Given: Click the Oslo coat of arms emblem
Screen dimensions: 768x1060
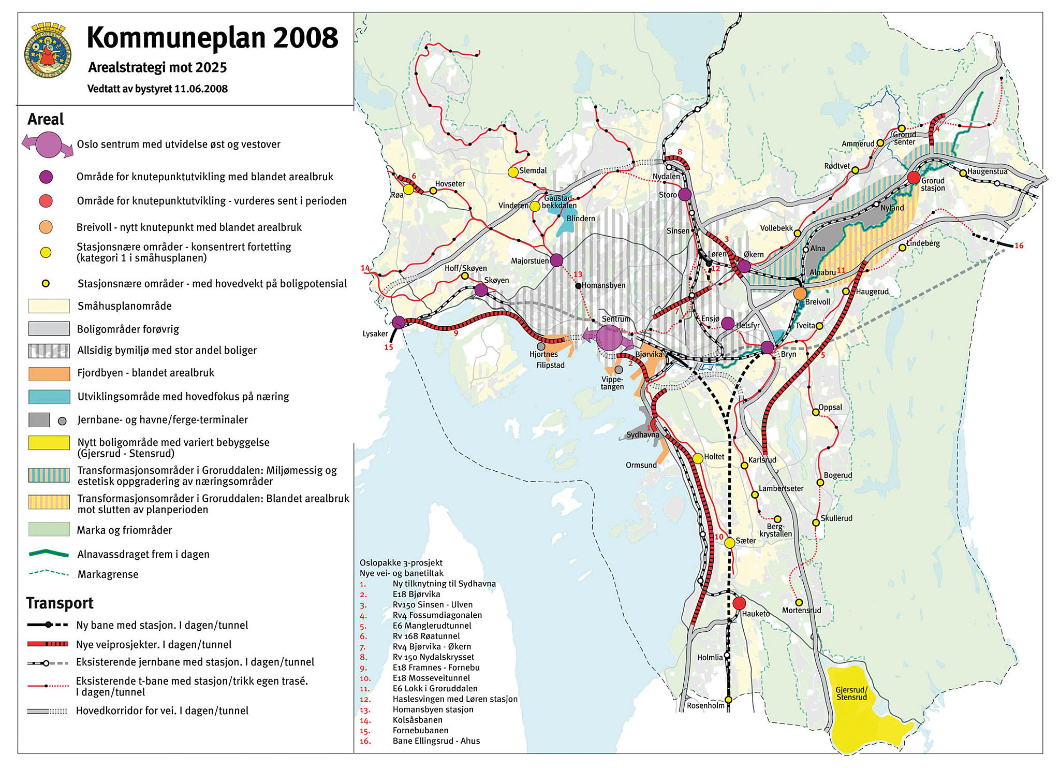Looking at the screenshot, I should point(48,50).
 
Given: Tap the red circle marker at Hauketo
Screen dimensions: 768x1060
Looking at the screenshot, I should point(739,603).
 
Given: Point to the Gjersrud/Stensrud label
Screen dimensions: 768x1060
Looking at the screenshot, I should point(851,693).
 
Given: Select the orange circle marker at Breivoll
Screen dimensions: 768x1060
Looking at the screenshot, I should point(800,294).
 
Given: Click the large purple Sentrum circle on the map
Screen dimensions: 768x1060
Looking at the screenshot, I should point(609,337).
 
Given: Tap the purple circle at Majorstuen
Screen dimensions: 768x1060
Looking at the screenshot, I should point(556,260).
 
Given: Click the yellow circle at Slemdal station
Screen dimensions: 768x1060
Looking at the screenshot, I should point(513,172).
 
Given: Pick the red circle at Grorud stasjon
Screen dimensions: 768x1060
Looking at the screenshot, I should point(914,178).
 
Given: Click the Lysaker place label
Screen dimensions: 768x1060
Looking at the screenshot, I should point(375,334).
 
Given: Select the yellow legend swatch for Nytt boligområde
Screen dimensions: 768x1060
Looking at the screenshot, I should point(49,442).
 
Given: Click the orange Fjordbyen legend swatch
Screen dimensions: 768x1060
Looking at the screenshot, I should point(49,373).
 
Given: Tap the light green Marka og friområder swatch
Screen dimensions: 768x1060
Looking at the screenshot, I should point(49,529).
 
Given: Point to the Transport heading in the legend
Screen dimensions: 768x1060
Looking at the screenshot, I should point(60,603).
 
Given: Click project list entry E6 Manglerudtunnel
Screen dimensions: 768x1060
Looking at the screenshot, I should point(432,626).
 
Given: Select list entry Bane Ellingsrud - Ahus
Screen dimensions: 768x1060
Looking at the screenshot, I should point(436,741).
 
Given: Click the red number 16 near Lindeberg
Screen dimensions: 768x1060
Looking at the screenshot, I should point(1019,245).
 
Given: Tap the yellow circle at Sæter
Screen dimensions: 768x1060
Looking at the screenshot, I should point(729,543).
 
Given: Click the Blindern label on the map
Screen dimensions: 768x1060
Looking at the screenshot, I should point(580,219).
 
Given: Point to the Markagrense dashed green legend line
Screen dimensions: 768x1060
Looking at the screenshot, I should point(49,573).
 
